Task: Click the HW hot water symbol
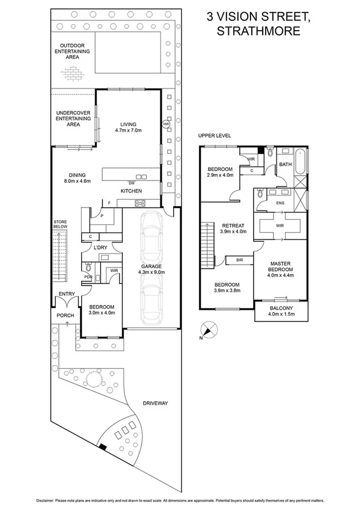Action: tap(166, 124)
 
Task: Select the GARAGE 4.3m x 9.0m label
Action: tap(151, 268)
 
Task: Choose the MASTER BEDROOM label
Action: tap(281, 266)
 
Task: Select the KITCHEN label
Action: tap(131, 191)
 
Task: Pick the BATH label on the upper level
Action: tap(285, 164)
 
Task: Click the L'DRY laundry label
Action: tap(100, 247)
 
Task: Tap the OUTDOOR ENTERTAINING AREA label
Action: tap(74, 52)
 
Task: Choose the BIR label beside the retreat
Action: tap(239, 260)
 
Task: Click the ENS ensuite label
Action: tap(279, 203)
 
